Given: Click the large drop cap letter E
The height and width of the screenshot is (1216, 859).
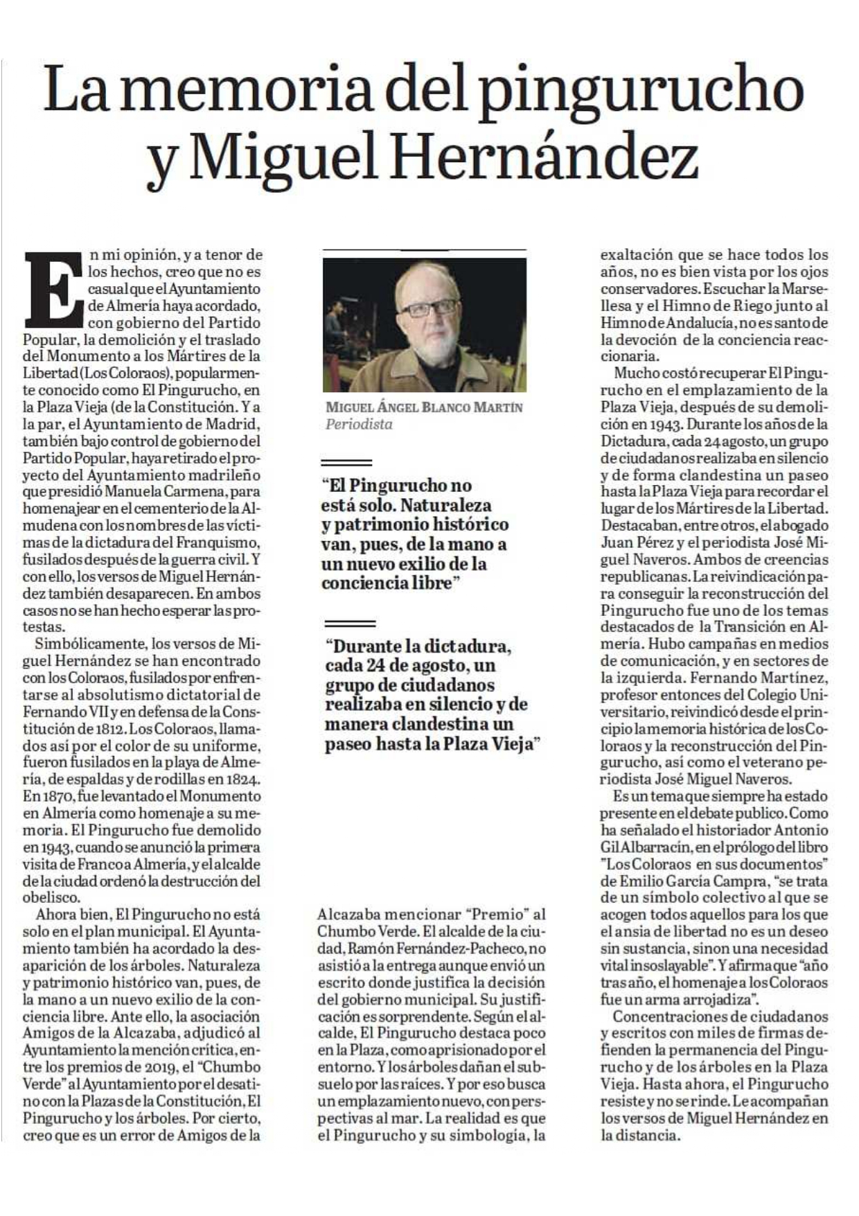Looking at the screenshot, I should [54, 289].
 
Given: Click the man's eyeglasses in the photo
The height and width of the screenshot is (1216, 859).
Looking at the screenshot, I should [429, 308].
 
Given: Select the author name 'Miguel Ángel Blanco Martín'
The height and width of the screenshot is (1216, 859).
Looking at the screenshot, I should [424, 407].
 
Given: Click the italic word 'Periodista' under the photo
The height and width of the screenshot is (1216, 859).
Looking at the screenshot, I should [359, 425].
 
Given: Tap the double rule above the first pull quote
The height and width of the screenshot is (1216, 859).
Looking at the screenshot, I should [347, 462].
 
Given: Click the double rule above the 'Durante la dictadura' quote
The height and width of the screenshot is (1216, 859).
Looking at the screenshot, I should [349, 624].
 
